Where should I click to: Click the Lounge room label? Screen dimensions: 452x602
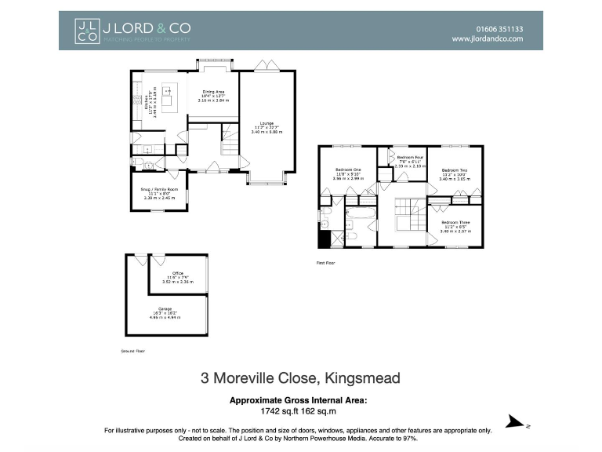point(267,127)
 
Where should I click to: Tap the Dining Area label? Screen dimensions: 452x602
point(214,96)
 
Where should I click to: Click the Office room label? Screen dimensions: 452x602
point(166,276)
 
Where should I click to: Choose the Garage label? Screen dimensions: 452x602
point(165,312)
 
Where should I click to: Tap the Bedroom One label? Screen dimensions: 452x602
point(347,174)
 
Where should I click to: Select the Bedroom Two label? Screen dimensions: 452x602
point(454,173)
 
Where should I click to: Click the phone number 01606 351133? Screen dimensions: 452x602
point(499,29)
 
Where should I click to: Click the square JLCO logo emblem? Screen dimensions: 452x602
point(87,31)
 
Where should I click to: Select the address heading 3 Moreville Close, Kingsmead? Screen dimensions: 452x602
point(300,378)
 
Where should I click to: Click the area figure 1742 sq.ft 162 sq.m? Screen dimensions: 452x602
point(298,410)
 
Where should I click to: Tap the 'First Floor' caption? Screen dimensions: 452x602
point(325,263)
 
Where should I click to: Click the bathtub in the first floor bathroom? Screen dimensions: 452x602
point(362,213)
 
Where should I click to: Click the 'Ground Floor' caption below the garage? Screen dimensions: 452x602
point(132,352)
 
